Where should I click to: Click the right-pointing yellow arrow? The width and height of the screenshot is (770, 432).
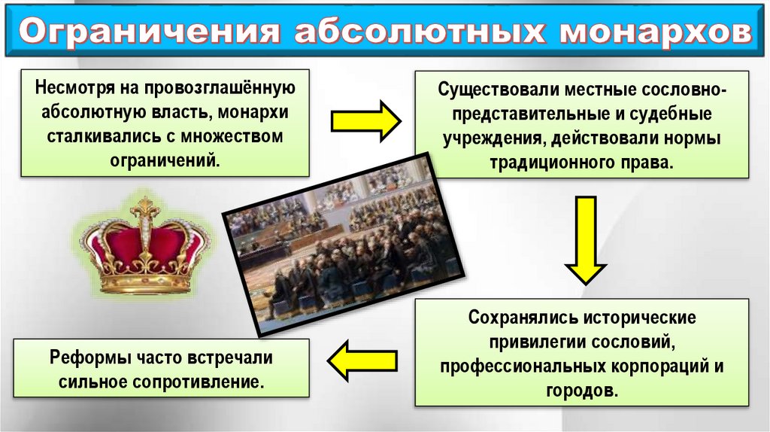367,120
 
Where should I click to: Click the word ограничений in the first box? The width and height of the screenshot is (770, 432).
165,160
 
